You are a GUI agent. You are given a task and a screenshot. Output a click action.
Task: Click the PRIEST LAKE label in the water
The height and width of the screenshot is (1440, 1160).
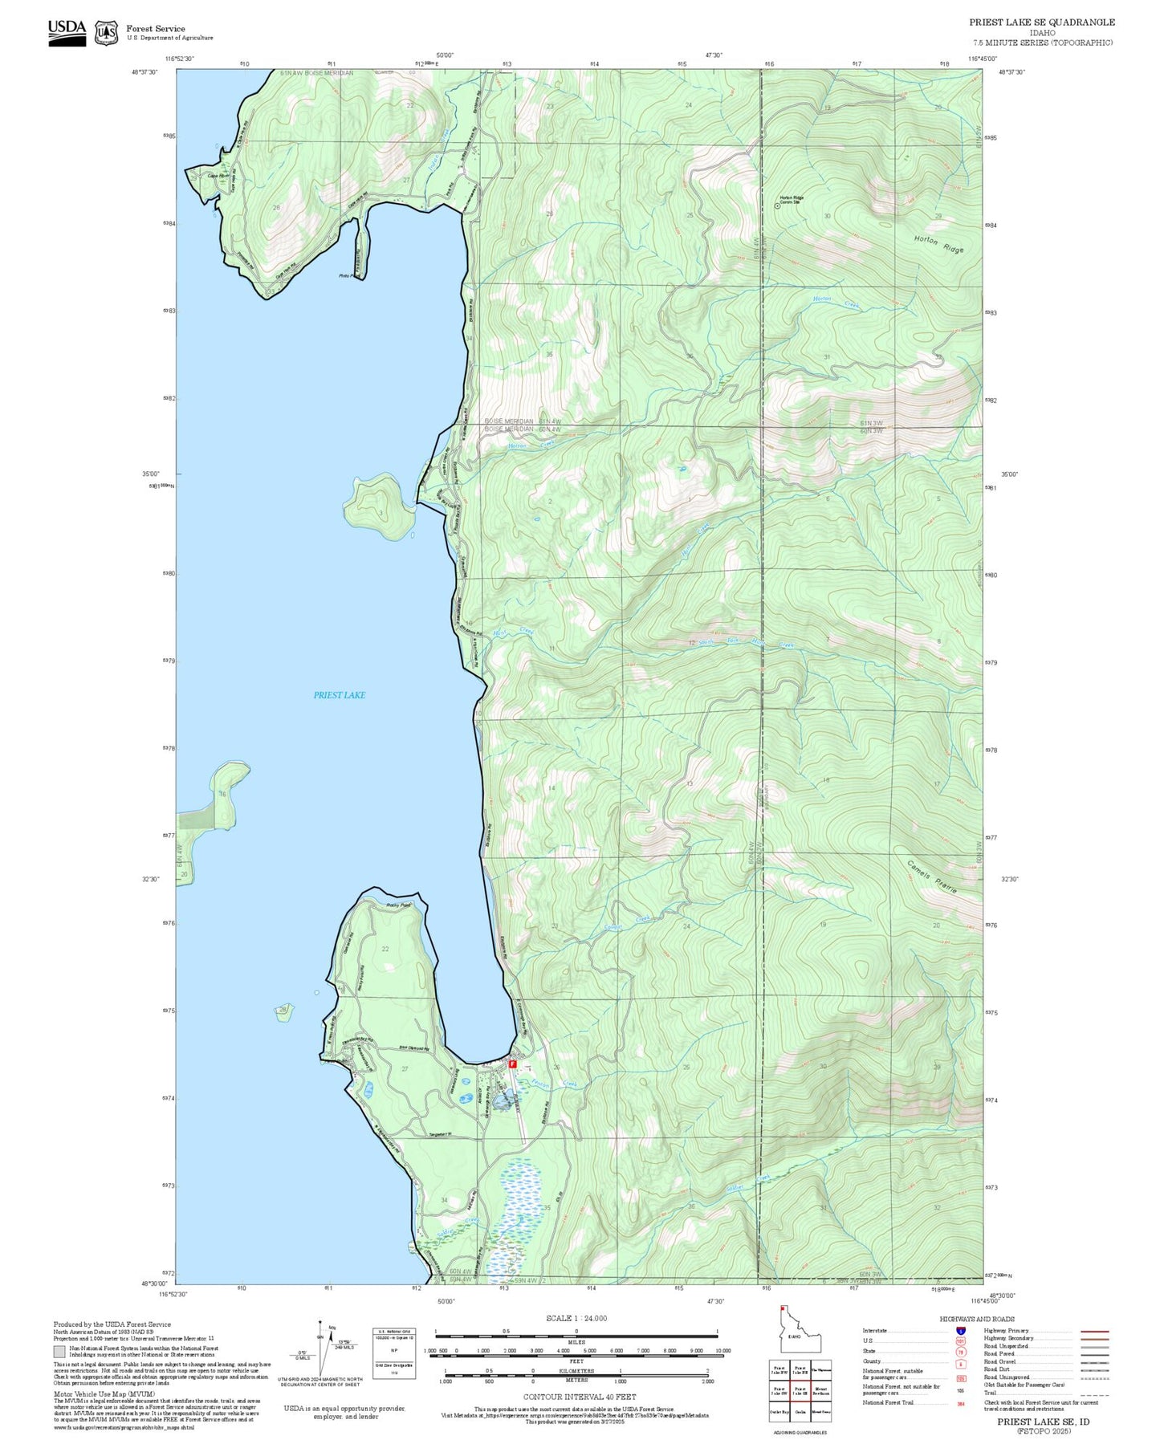339,695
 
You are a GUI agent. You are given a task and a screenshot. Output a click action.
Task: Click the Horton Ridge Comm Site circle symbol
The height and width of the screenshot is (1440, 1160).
776,205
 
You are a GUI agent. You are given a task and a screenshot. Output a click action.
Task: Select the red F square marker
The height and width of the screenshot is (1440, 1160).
512,1064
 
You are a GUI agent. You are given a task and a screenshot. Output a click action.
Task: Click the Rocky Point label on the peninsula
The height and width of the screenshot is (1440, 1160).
398,905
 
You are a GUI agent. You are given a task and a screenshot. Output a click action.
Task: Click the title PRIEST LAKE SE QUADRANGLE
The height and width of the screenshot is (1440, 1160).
1041,22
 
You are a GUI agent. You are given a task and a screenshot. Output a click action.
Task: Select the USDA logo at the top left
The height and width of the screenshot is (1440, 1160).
67,32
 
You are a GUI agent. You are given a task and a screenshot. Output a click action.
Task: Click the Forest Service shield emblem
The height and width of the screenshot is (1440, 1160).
106,33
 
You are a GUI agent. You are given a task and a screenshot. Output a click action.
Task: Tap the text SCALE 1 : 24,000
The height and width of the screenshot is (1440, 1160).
576,1319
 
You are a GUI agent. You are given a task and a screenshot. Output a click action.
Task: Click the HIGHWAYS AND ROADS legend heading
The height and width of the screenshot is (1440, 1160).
977,1319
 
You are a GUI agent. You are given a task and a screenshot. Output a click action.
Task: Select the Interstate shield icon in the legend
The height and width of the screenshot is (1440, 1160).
961,1331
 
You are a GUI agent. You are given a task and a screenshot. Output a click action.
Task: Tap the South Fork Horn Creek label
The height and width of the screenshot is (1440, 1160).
745,643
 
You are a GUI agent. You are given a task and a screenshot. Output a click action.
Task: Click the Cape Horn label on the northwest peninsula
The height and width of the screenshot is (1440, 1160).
218,176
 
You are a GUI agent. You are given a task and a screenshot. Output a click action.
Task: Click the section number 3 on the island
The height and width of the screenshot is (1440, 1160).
381,512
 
